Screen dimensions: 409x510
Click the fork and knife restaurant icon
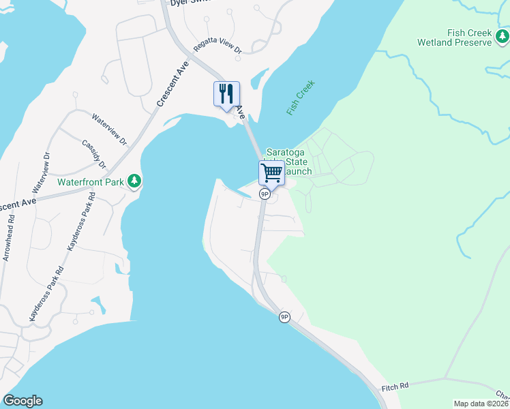[x=227, y=93]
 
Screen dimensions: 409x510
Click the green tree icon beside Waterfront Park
[x=135, y=181]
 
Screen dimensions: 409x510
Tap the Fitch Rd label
[x=395, y=387]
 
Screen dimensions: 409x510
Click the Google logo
[x=22, y=401]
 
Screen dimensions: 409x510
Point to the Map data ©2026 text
[x=481, y=404]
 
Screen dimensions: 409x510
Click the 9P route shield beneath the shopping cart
[x=265, y=194]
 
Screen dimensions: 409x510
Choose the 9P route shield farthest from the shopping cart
[x=284, y=317]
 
